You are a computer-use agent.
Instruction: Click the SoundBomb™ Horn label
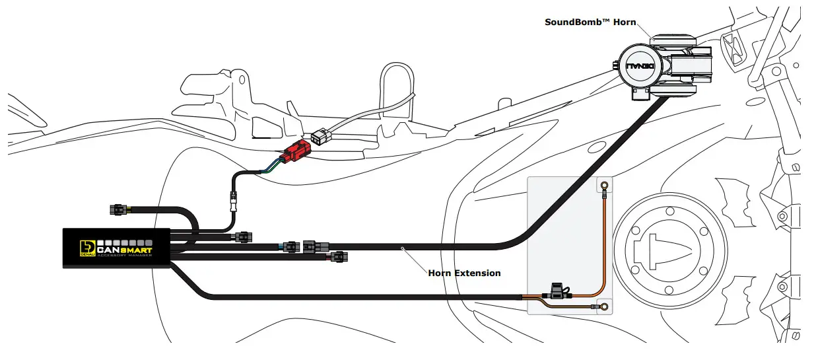pos(590,22)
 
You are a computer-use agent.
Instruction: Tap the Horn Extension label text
pos(464,273)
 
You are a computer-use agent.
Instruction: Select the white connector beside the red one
pos(323,137)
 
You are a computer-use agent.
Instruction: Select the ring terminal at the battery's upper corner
pos(603,186)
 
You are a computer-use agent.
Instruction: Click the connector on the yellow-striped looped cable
pos(119,210)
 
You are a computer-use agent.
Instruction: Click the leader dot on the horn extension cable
pos(402,248)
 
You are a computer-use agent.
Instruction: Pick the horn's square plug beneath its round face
pos(638,95)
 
